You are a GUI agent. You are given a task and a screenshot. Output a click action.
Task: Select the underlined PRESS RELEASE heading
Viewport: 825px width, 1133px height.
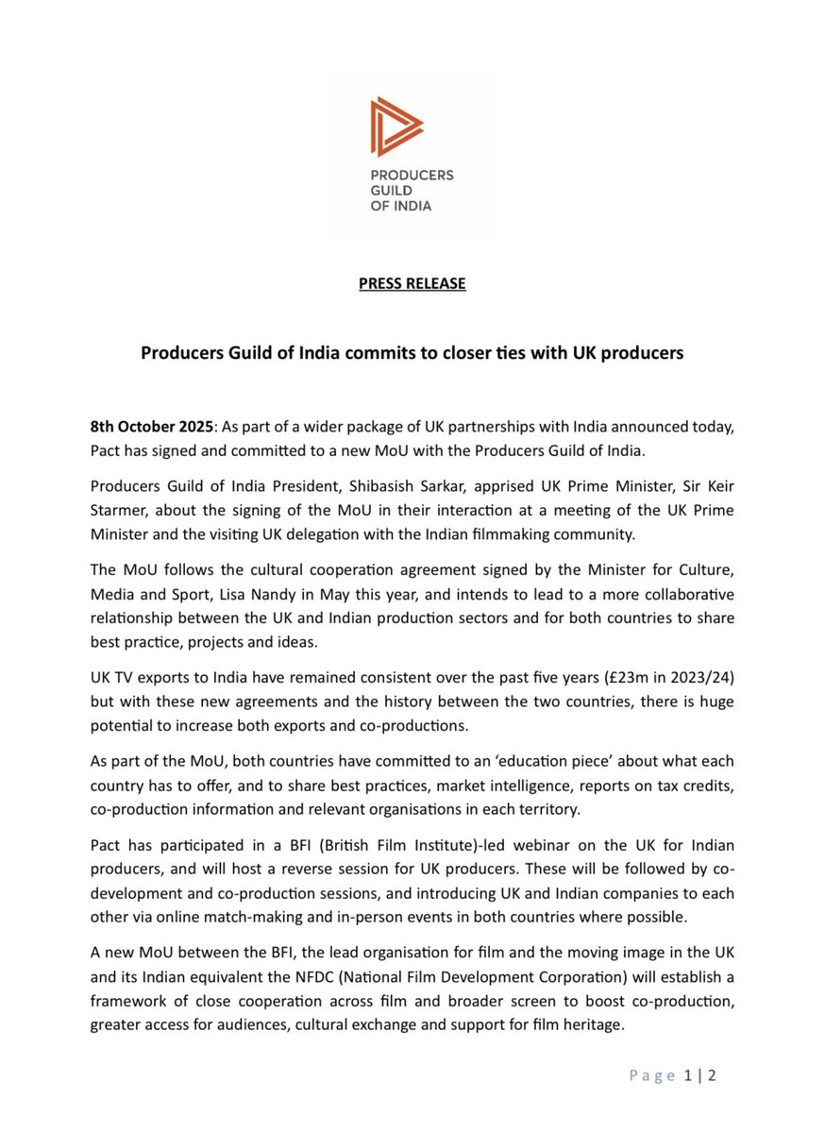click(412, 283)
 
